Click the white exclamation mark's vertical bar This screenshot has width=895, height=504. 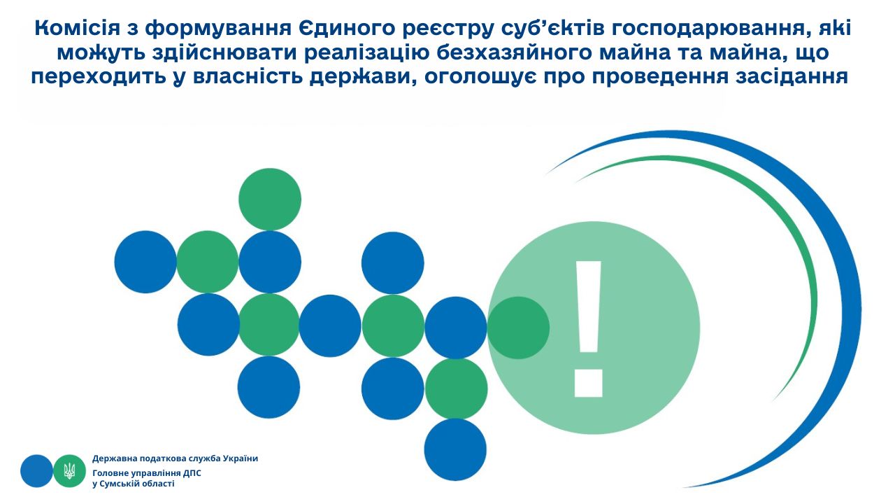[x=588, y=307]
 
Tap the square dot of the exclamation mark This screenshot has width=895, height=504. [x=589, y=383]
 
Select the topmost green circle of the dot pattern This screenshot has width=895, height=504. [x=270, y=199]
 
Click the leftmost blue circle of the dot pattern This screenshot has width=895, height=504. [x=145, y=262]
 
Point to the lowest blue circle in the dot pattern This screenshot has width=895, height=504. [x=455, y=449]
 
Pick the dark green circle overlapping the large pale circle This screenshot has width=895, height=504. [x=518, y=328]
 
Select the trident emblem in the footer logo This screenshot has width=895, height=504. [x=69, y=471]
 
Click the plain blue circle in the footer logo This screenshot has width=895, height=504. [x=37, y=471]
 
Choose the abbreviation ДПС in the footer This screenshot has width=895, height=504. [x=192, y=473]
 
